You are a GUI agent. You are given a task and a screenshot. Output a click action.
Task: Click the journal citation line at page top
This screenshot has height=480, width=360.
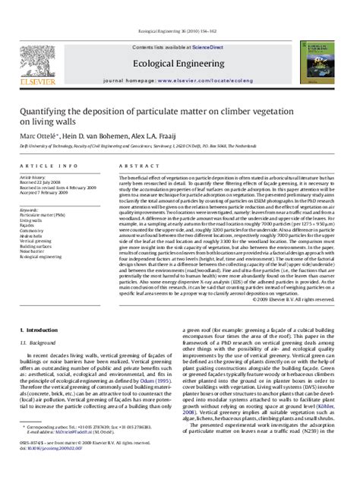(x=179, y=8)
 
